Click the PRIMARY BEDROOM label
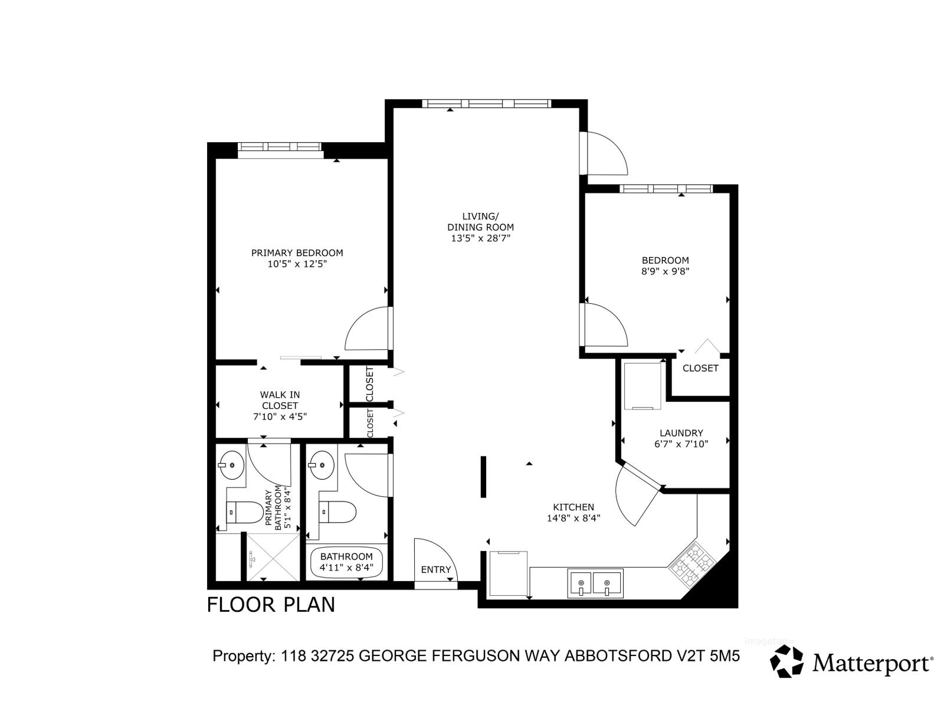coord(297,253)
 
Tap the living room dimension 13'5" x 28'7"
coord(480,238)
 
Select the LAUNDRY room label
coord(681,432)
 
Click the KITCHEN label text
coord(573,507)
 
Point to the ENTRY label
coord(435,569)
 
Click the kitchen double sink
coord(594,583)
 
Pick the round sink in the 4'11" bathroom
coord(322,464)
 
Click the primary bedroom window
coord(280,146)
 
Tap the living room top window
coord(486,103)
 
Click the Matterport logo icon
coord(787,661)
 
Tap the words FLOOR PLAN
coord(271,605)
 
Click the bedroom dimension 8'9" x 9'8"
coord(665,271)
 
